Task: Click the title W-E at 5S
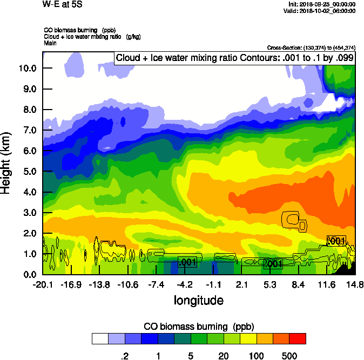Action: (x=63, y=4)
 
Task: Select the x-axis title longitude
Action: (x=198, y=300)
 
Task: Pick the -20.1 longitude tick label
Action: (x=43, y=284)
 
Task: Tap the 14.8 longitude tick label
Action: (x=355, y=284)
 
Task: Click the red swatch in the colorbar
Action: (x=298, y=338)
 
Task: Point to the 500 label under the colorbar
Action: (x=289, y=356)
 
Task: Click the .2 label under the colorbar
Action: (x=124, y=356)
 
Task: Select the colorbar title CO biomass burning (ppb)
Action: (x=199, y=327)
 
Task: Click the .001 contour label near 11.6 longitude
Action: (x=336, y=241)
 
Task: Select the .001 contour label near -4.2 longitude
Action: (x=187, y=262)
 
